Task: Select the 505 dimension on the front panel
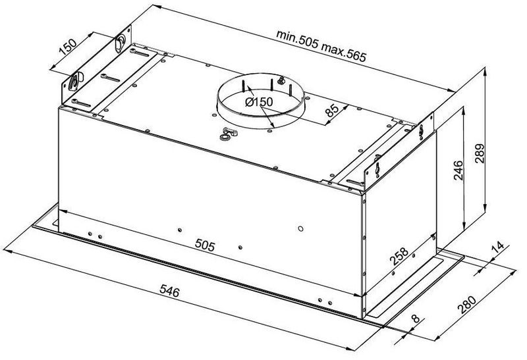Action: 206,245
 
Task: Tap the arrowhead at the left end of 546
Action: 9,251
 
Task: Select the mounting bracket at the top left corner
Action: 99,72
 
